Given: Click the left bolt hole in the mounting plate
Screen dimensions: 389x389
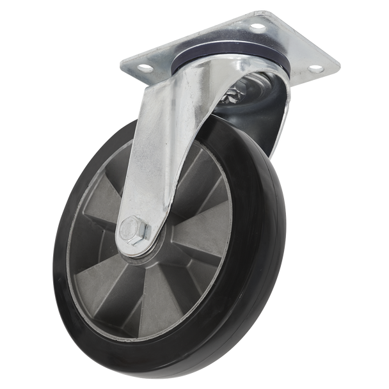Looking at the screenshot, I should (x=144, y=66).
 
